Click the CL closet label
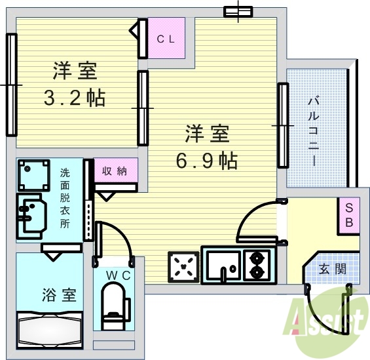pos(165,39)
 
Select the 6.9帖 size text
pos(206,159)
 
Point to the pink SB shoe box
pos(349,214)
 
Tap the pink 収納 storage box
pos(115,170)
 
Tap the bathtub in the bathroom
pos(50,328)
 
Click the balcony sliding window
pos(282,124)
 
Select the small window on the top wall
pos(238,11)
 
